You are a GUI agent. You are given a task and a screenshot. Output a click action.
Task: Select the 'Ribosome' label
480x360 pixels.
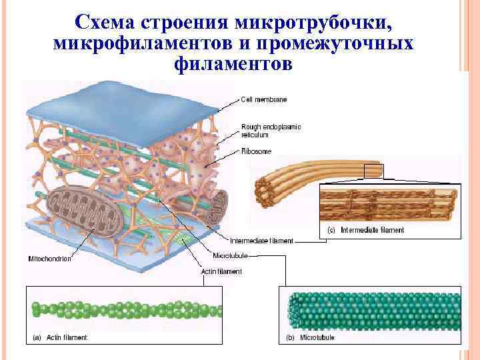[256, 151]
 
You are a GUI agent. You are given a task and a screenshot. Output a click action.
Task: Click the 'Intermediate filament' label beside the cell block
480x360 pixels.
[261, 241]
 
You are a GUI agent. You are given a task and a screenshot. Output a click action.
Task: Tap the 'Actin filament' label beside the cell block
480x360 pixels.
[221, 271]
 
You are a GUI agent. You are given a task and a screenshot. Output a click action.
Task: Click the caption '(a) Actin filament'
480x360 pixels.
[60, 338]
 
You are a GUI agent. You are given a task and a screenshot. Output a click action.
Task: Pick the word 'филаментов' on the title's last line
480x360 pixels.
[232, 65]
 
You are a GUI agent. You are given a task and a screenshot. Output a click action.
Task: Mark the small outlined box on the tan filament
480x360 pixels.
[374, 171]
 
